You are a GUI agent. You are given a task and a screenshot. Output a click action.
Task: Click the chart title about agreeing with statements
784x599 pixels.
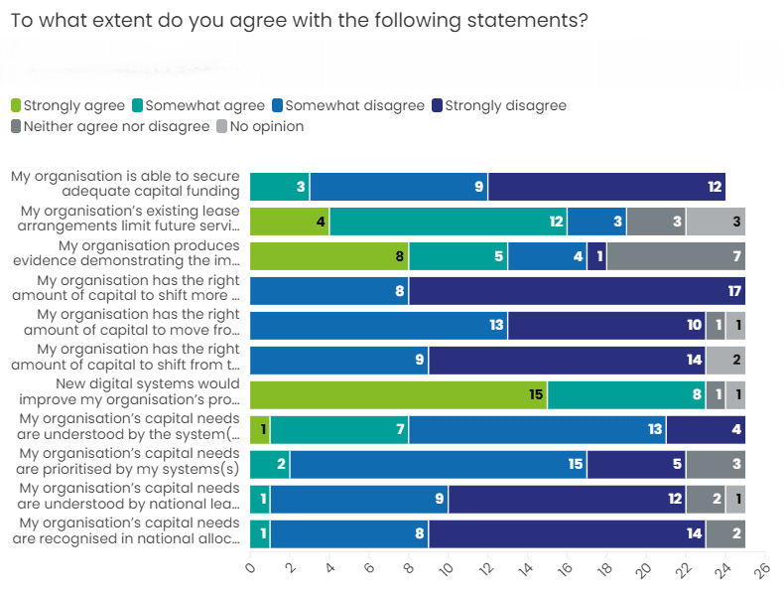click(299, 21)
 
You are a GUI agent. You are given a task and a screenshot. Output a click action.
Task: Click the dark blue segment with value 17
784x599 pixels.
click(577, 290)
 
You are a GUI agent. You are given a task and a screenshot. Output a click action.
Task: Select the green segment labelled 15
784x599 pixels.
click(398, 394)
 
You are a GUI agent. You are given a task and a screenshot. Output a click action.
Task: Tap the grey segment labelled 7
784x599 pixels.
click(676, 255)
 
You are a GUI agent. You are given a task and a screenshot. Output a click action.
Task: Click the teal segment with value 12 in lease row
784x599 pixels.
click(448, 221)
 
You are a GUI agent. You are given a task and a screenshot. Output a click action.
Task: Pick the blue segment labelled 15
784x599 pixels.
click(438, 464)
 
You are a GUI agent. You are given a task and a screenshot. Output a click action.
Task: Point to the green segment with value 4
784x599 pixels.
click(289, 221)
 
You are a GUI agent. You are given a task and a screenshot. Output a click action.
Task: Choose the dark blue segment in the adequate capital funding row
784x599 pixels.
click(606, 186)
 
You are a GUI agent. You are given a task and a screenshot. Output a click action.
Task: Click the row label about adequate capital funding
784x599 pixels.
click(125, 184)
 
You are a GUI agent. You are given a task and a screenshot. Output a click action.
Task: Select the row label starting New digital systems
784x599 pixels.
click(126, 391)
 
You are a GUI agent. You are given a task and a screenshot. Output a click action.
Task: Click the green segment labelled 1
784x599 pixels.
click(260, 429)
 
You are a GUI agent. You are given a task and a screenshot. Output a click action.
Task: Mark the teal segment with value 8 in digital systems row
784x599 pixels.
click(626, 394)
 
